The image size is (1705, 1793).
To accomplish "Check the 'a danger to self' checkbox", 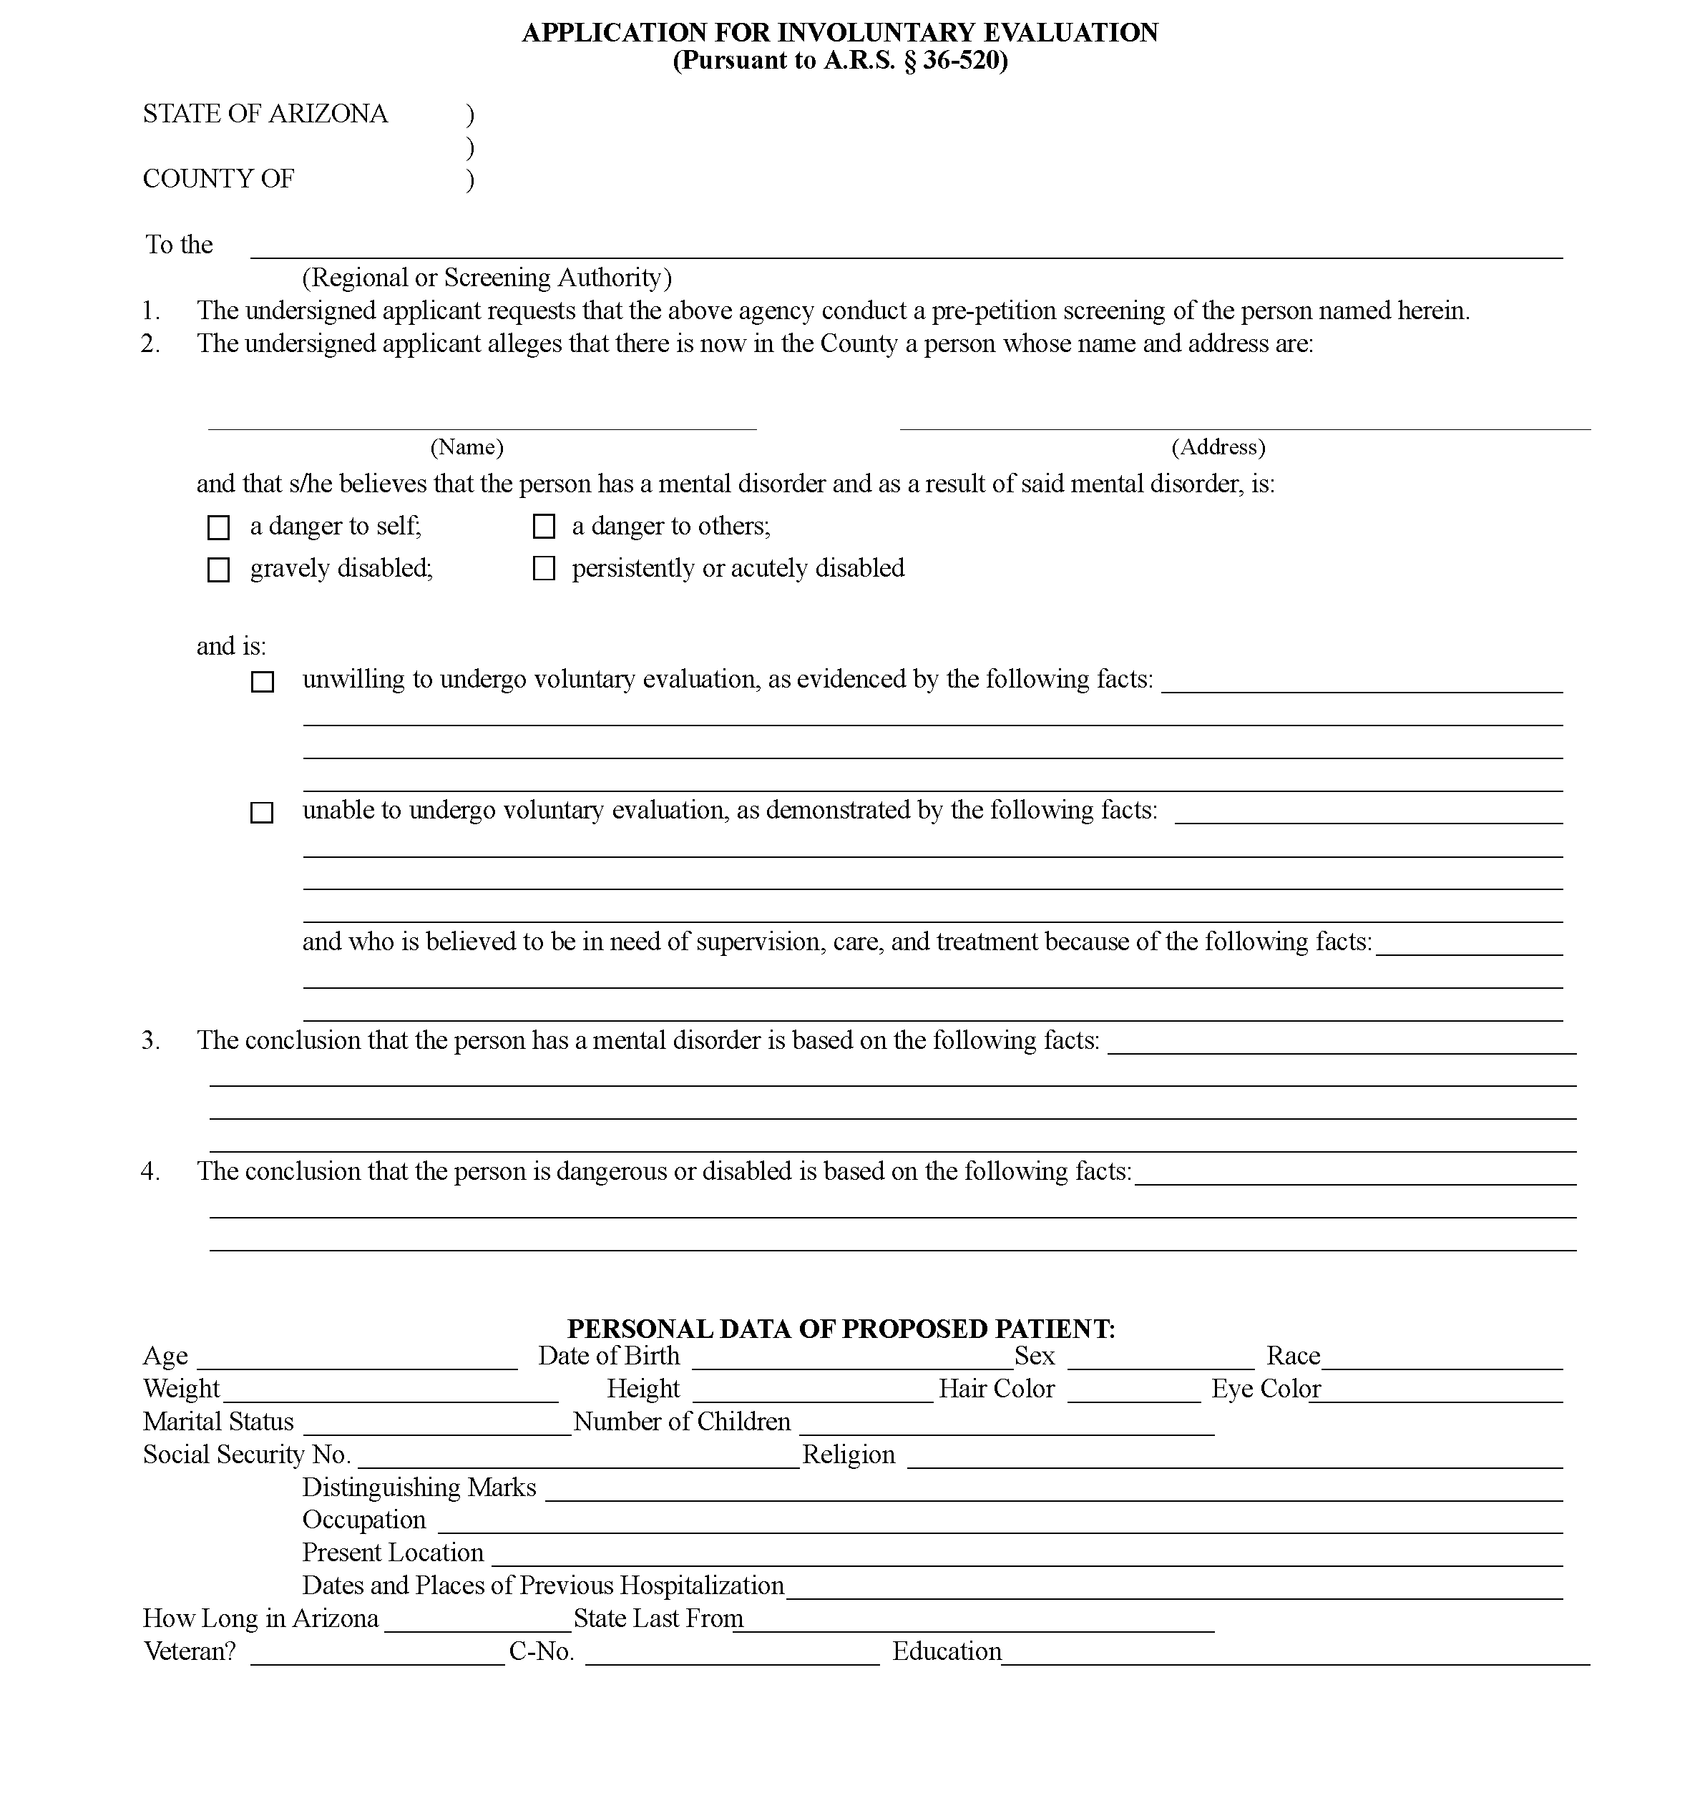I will click(x=218, y=528).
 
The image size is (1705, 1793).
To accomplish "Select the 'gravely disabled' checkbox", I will click(x=218, y=570).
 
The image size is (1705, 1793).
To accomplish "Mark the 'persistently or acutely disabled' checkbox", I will click(x=544, y=569).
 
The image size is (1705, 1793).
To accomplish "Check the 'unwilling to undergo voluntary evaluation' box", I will click(x=262, y=682).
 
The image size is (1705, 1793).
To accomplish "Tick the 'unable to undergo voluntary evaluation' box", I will click(x=262, y=813).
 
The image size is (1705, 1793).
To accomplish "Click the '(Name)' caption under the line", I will click(x=466, y=447).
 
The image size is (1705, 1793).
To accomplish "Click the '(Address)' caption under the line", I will click(x=1218, y=447).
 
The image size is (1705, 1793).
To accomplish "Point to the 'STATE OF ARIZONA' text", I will click(x=265, y=114).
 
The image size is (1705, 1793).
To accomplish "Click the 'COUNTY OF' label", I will click(x=218, y=179).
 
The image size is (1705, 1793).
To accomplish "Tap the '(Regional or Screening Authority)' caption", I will click(x=487, y=277).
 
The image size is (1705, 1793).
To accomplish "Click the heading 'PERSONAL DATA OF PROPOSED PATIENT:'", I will click(x=841, y=1329).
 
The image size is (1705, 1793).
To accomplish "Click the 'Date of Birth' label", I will click(x=609, y=1356).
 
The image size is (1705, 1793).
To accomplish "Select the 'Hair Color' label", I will click(x=997, y=1389).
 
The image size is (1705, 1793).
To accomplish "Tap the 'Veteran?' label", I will click(x=189, y=1651).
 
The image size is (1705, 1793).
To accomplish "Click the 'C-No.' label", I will click(x=542, y=1651).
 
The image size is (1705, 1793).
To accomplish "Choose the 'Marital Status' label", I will click(x=218, y=1422).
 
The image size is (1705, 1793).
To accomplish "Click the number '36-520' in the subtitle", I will click(x=962, y=61).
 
